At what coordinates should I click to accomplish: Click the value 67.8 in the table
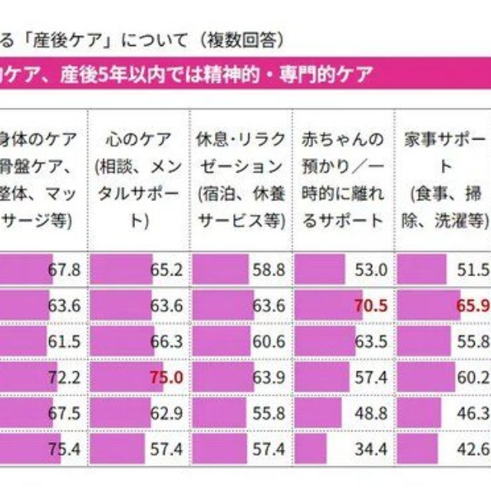(64, 271)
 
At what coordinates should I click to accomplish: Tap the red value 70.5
(370, 306)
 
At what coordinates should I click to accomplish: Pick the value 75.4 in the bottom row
(64, 447)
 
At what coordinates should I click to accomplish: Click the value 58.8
(269, 271)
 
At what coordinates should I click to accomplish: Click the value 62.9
(166, 412)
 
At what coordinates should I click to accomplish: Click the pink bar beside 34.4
(311, 447)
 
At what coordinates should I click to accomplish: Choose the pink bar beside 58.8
(220, 271)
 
